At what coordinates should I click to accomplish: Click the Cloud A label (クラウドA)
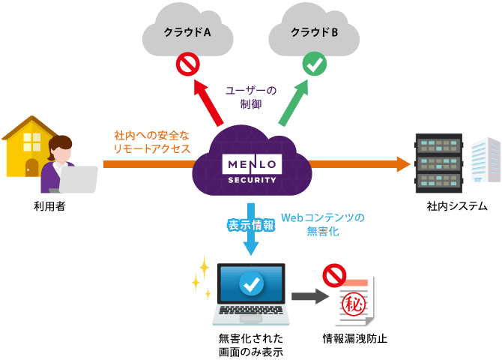coord(187,32)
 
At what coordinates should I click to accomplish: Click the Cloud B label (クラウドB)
coord(315,32)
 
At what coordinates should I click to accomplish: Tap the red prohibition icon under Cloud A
coord(186,65)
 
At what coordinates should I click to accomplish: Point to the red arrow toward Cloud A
coord(209,101)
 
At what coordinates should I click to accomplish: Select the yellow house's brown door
coord(31,166)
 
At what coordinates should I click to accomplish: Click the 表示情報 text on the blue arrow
coord(251,223)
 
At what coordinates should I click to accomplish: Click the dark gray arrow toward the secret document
coord(309,296)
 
